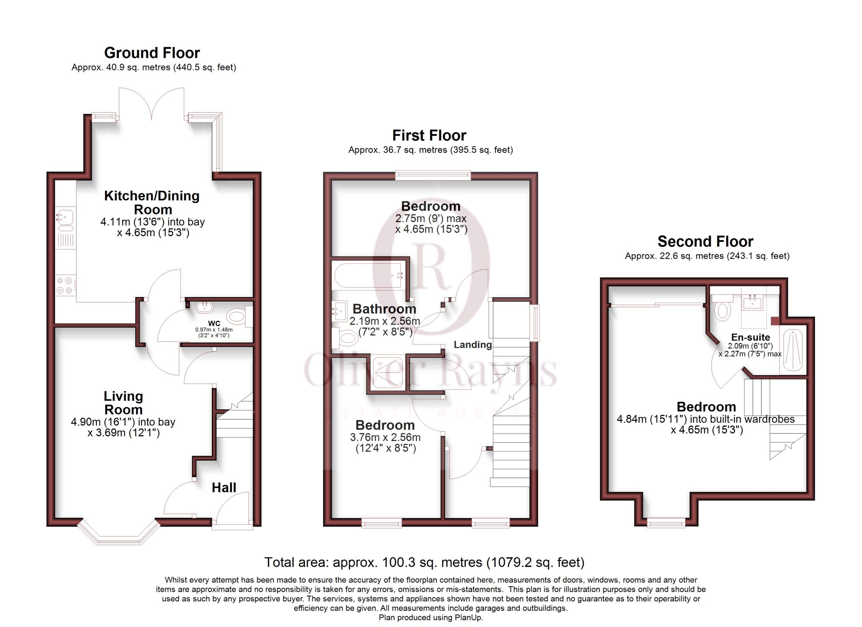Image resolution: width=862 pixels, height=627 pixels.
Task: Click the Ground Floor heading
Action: [x=152, y=53]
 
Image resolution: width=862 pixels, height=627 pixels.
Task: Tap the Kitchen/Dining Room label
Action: [x=152, y=202]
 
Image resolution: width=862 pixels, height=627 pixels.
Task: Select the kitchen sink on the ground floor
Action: [x=65, y=219]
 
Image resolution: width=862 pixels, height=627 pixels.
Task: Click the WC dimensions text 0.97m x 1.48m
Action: [x=214, y=329]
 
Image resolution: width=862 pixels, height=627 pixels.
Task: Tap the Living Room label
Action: [x=124, y=403]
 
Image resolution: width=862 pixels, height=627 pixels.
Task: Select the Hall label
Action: [x=224, y=488]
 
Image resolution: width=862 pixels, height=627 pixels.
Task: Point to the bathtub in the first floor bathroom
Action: [x=369, y=275]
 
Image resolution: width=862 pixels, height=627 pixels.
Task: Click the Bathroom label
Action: [x=384, y=308]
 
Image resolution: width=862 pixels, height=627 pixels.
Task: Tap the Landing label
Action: [x=473, y=345]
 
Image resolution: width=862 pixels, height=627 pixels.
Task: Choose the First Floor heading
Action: [x=429, y=135]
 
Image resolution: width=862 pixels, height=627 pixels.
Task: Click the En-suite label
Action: [x=750, y=337]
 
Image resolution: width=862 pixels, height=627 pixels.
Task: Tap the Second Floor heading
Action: [x=705, y=241]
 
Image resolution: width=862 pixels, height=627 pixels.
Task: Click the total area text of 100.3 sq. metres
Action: [x=424, y=562]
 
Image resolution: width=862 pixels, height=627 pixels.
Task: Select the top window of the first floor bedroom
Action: [x=433, y=175]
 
